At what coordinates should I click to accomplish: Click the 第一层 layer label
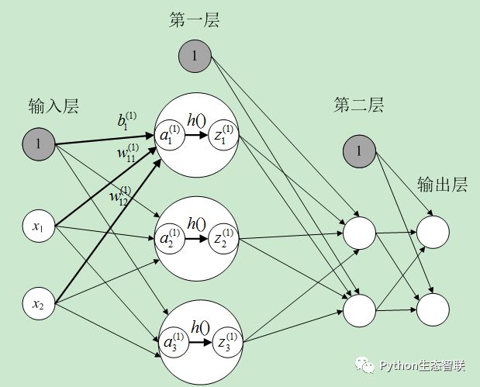tap(195, 21)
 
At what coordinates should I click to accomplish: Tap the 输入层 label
tap(54, 105)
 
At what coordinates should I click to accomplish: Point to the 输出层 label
tap(442, 185)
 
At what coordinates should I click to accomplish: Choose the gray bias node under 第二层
tap(359, 154)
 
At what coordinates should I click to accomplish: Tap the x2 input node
tap(38, 302)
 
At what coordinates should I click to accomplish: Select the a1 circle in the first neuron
tap(170, 136)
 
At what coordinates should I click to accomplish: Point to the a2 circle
tap(170, 237)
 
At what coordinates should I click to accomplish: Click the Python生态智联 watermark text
tap(421, 365)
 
